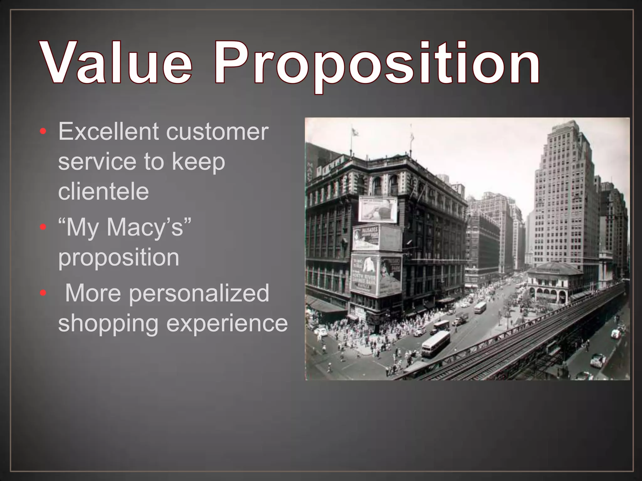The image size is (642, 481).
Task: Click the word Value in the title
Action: (116, 63)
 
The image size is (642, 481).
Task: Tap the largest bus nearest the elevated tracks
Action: (436, 344)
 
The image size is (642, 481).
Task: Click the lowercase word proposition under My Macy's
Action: (118, 257)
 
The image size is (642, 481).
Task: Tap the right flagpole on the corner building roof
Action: (411, 138)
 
